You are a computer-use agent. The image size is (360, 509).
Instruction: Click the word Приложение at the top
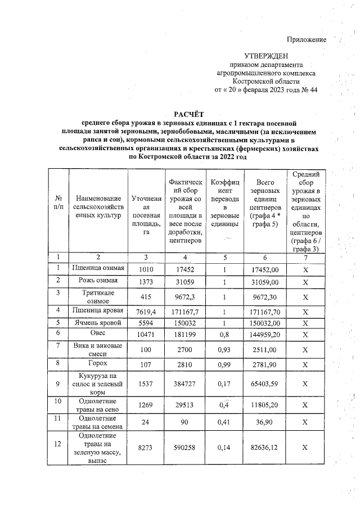(x=307, y=39)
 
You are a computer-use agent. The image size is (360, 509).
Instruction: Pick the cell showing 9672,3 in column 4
(x=185, y=297)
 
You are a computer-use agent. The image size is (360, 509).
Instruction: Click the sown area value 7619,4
(x=146, y=312)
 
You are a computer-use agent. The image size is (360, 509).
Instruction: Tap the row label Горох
(x=98, y=364)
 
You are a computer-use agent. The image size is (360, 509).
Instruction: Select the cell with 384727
(x=185, y=384)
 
